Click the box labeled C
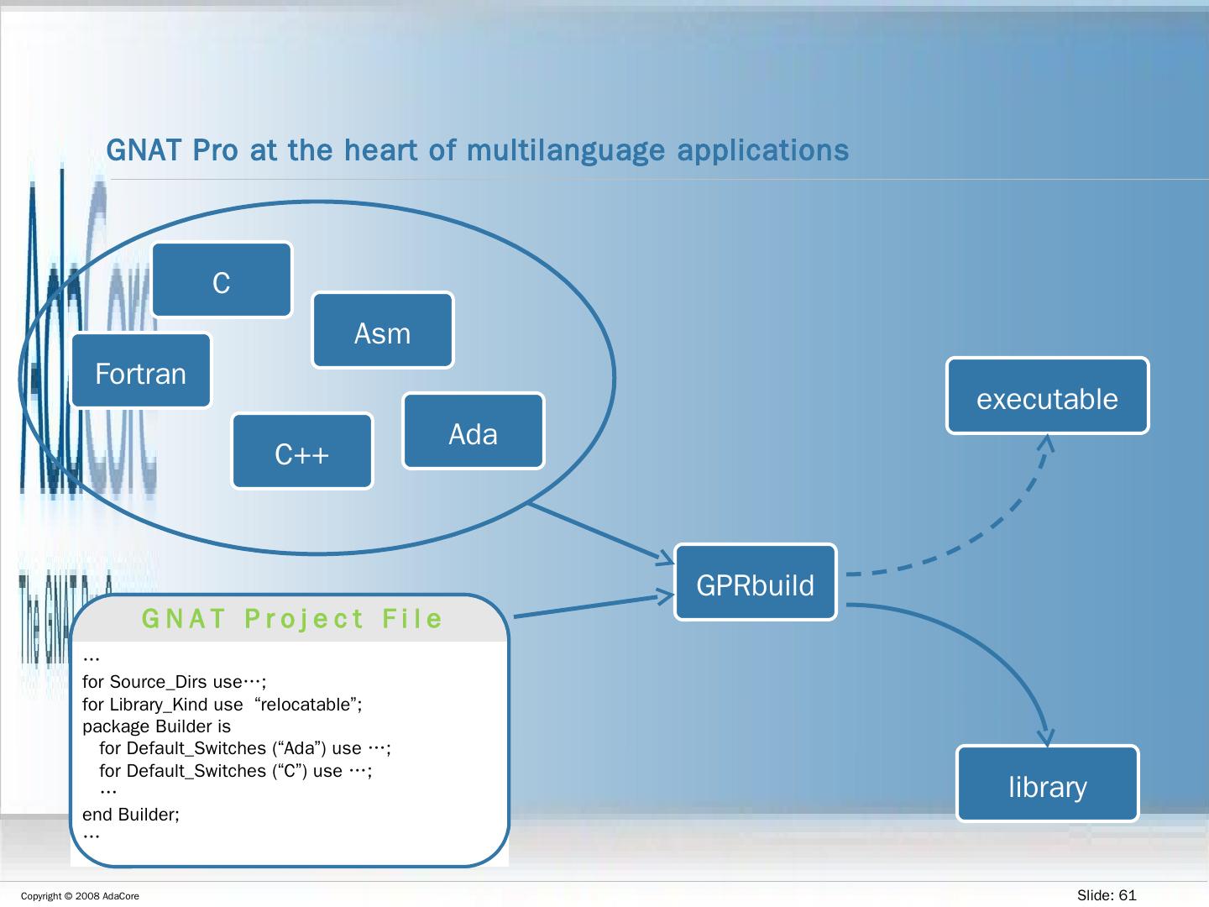[222, 280]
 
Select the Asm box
[383, 331]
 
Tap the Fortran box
[141, 371]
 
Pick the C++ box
[302, 452]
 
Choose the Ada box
[474, 432]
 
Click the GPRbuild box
[756, 583]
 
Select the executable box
[1047, 396]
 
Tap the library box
[1047, 784]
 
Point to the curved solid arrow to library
[999, 647]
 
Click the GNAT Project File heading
[291, 619]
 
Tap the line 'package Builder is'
[156, 726]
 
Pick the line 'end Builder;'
[131, 814]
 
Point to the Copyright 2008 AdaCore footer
[80, 896]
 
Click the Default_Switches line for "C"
[235, 770]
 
